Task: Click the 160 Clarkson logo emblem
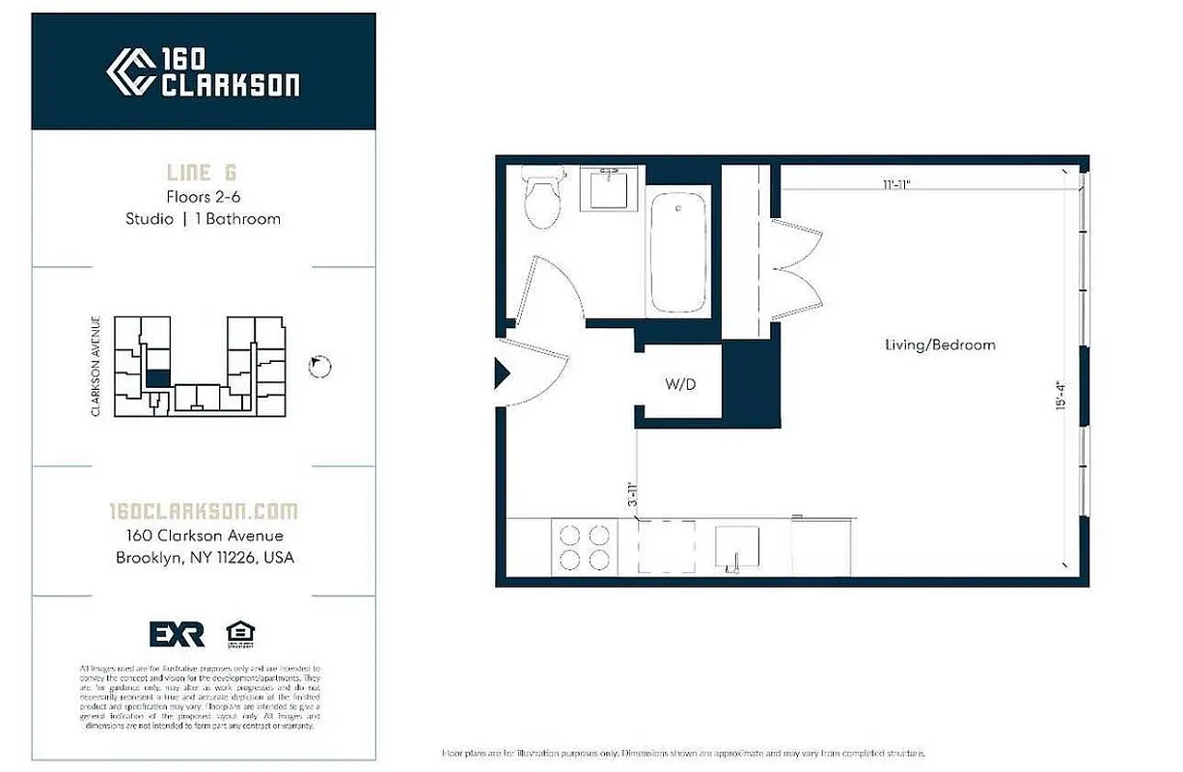(130, 72)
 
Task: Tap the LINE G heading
(202, 174)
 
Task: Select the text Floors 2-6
(203, 197)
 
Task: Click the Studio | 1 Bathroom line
(203, 219)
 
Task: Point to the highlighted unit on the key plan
(157, 379)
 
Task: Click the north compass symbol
(320, 366)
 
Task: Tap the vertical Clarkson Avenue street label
(96, 367)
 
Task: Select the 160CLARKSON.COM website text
(203, 511)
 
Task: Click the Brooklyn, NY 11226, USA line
(205, 558)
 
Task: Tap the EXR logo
(177, 634)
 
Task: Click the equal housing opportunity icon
(240, 633)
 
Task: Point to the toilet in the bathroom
(543, 198)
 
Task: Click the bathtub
(679, 251)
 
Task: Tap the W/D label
(680, 384)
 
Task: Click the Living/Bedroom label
(940, 345)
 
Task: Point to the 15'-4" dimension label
(1061, 394)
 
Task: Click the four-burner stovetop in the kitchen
(585, 547)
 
